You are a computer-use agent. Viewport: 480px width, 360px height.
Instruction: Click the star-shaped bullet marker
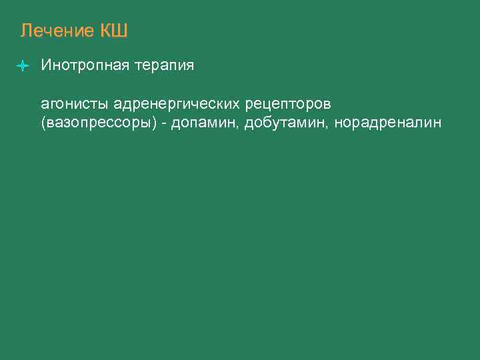click(x=23, y=66)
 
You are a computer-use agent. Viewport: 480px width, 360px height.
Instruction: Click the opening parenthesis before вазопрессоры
click(x=44, y=124)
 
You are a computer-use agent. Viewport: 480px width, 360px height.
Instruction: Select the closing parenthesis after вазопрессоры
click(x=155, y=124)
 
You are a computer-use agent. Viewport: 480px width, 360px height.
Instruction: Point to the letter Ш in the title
click(x=120, y=31)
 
